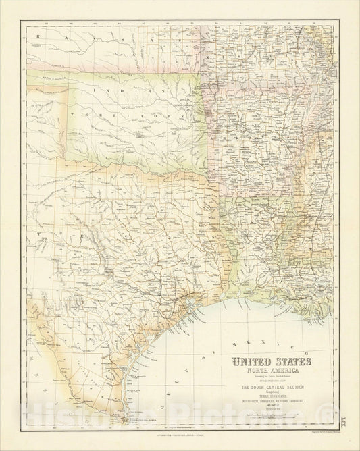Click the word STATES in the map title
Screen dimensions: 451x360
point(291,362)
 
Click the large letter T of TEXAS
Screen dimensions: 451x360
point(40,232)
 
